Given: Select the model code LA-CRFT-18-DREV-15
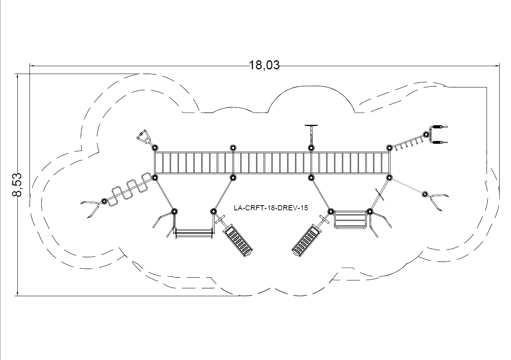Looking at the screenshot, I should pos(271,208).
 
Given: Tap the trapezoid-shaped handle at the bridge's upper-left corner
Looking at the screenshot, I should pos(144,137).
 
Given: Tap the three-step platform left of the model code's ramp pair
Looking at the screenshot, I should pos(350,219).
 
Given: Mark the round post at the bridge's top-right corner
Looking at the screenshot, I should pos(389,148).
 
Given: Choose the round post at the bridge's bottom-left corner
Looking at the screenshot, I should pos(155,178).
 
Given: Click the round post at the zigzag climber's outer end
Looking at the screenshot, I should pos(104,201).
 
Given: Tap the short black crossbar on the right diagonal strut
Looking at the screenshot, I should pos(380,193).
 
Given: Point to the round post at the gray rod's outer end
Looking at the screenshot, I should pos(425,194).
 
